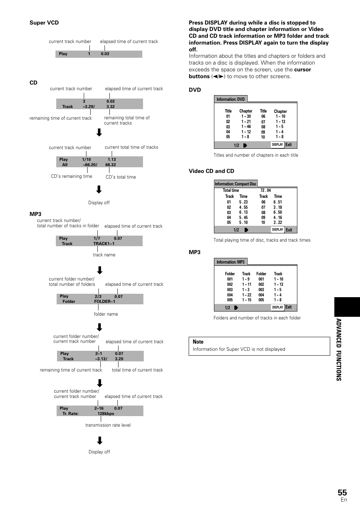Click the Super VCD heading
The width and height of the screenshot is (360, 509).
[x=44, y=23]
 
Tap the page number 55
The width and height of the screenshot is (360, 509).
[x=342, y=492]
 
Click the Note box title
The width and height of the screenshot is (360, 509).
[x=198, y=342]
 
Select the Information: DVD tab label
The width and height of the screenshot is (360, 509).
[x=231, y=99]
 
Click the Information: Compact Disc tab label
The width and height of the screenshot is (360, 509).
[x=235, y=184]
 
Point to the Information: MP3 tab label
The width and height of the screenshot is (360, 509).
[x=231, y=262]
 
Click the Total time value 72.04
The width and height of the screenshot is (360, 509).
[x=266, y=191]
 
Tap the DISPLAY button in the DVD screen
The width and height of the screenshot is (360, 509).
[x=277, y=145]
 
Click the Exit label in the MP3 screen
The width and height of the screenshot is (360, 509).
[x=289, y=307]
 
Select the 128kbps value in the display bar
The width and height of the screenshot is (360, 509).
[x=106, y=414]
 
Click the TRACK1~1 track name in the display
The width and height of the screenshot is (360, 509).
[x=104, y=244]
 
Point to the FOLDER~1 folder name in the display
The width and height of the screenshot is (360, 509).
[x=105, y=302]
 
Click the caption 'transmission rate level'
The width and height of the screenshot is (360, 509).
[x=108, y=425]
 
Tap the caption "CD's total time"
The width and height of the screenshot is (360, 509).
[x=121, y=177]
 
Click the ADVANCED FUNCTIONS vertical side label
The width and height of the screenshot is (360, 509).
[x=339, y=349]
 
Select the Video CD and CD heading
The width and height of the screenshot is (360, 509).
[x=211, y=171]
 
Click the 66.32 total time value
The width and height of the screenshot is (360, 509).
[x=111, y=165]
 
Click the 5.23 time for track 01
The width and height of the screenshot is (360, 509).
[x=243, y=202]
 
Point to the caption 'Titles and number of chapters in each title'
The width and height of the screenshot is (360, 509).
[x=255, y=155]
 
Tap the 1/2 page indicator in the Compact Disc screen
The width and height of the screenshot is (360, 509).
[x=236, y=230]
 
